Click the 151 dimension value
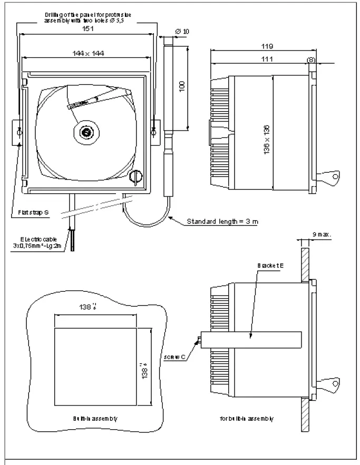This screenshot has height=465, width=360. tap(88, 29)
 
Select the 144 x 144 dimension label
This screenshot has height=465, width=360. tap(88, 53)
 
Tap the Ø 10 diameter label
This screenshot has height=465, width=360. tap(182, 32)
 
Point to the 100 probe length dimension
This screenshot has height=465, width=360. tap(182, 86)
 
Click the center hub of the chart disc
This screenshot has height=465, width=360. tap(85, 132)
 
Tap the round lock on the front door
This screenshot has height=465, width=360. tap(135, 177)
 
